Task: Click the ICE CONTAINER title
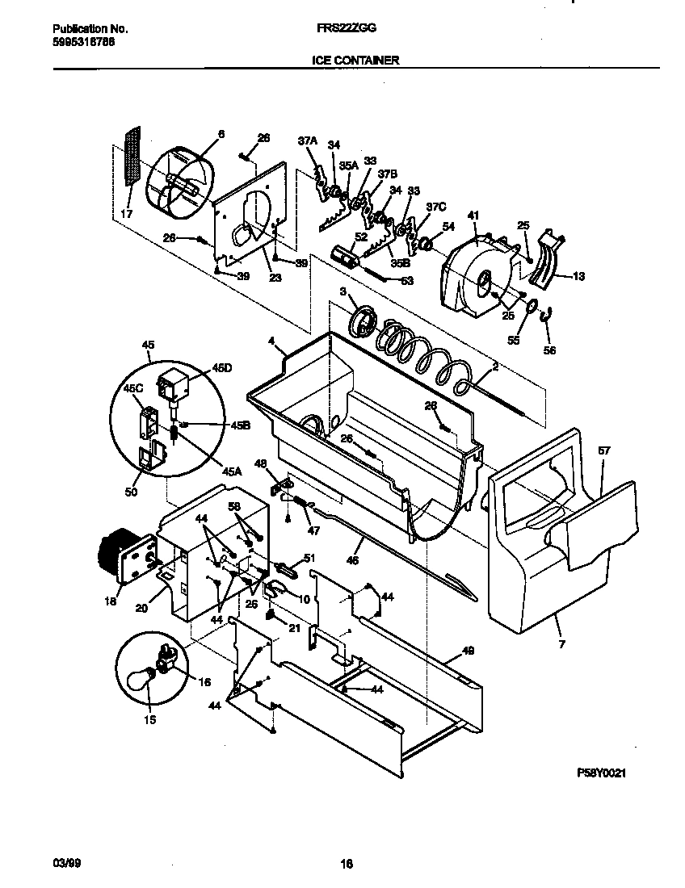355,60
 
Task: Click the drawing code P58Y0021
602,773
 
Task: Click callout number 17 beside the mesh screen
126,214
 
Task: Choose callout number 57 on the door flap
605,452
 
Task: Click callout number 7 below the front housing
561,643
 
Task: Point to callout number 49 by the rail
468,650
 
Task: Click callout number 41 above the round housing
473,215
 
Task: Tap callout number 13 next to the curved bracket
578,276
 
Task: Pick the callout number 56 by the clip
551,351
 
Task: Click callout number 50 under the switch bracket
131,491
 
